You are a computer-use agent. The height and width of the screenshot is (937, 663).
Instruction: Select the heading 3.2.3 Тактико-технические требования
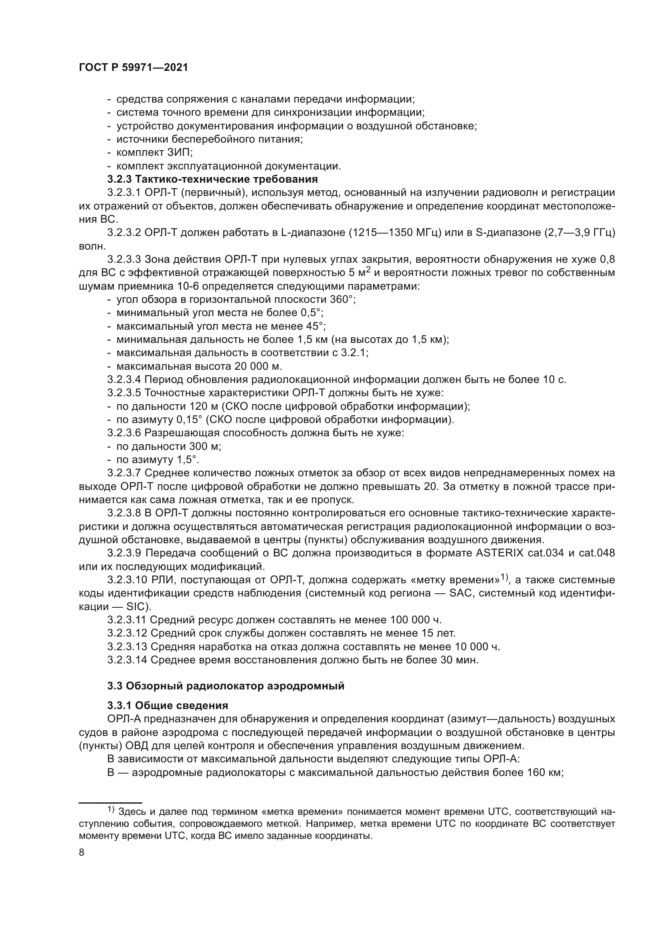tap(212, 179)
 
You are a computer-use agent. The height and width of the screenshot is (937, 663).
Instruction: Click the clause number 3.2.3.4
tap(124, 379)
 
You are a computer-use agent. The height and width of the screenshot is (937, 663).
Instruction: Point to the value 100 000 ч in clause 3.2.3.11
tap(416, 620)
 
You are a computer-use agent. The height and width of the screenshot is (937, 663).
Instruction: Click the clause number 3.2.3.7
tap(124, 473)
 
